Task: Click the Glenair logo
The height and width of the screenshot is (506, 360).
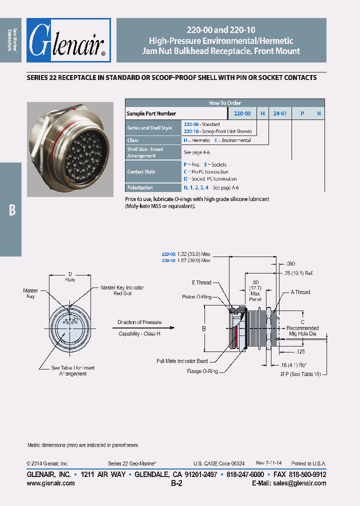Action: (x=68, y=40)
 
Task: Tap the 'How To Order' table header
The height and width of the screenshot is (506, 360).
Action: (x=224, y=103)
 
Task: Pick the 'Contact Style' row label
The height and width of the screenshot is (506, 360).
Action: (x=141, y=171)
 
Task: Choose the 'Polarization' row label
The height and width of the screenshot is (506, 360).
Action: (x=140, y=187)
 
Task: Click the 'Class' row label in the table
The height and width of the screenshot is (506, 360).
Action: (x=133, y=140)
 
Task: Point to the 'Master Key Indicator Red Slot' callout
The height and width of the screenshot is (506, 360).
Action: (x=122, y=290)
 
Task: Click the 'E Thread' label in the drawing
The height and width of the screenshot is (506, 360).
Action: (x=201, y=283)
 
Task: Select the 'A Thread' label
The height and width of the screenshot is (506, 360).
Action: (x=300, y=292)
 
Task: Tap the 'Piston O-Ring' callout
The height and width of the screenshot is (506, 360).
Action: (x=196, y=297)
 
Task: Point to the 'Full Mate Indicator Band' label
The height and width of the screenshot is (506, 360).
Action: (x=182, y=360)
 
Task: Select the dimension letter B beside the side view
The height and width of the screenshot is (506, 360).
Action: (x=203, y=328)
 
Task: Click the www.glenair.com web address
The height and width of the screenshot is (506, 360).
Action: (x=50, y=483)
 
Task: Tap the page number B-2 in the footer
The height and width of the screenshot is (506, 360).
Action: (x=176, y=483)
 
